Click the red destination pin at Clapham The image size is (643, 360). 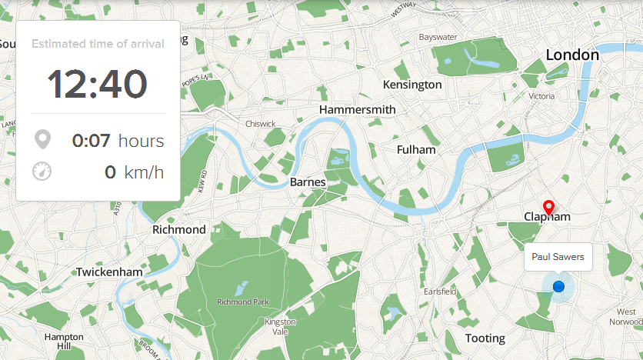(548, 206)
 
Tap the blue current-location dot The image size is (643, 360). (558, 287)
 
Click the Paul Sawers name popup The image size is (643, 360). (558, 257)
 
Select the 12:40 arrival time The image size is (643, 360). (98, 84)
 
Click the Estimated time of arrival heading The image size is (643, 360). (98, 44)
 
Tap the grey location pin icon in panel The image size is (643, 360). (42, 140)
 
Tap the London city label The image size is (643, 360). (571, 55)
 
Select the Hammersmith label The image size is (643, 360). (357, 110)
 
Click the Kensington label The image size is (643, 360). (412, 85)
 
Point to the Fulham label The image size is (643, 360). (416, 150)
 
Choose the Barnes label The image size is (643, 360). (308, 183)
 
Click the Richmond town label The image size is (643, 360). (179, 230)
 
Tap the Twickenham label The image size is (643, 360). (109, 272)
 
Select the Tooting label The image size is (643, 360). (485, 338)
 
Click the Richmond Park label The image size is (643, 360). (242, 302)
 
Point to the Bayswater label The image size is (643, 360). (438, 37)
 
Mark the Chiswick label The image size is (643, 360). (260, 124)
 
